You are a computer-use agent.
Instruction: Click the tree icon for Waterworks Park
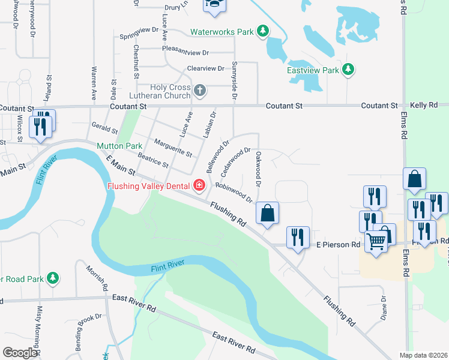tap(262, 31)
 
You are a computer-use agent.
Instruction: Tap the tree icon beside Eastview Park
tap(348, 70)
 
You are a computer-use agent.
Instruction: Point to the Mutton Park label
tap(120, 146)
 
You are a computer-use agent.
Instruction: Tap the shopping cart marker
tap(376, 241)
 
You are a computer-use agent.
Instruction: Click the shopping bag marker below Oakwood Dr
tap(267, 212)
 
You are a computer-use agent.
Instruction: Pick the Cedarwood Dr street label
tap(235, 162)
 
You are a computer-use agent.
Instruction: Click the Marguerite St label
tap(172, 148)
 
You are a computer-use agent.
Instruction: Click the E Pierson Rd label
tap(338, 245)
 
